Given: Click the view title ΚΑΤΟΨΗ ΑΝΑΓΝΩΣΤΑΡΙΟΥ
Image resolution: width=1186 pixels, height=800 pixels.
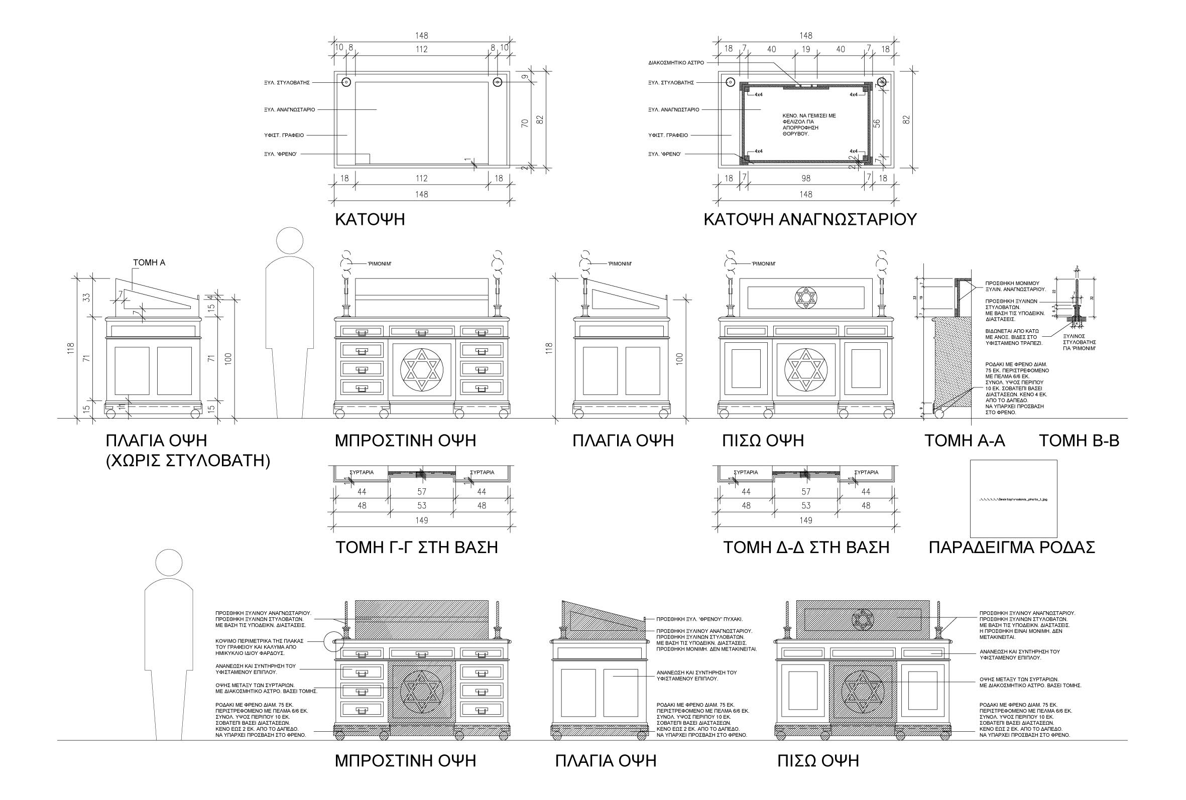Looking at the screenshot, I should pyautogui.click(x=810, y=219).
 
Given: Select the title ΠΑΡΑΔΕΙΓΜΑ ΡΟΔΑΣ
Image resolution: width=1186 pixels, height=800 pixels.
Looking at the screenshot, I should pyautogui.click(x=1011, y=548).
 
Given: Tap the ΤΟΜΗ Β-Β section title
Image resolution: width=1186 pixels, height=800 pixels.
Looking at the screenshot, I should pyautogui.click(x=1080, y=440).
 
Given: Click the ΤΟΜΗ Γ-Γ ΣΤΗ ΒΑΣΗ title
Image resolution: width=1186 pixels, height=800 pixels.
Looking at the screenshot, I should pyautogui.click(x=416, y=548).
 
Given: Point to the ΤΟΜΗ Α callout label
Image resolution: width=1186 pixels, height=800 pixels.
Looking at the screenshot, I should pyautogui.click(x=149, y=263).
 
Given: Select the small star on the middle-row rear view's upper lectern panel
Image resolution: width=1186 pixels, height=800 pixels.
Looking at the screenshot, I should pyautogui.click(x=806, y=298).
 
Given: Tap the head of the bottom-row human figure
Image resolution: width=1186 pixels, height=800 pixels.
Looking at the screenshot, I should pyautogui.click(x=169, y=563).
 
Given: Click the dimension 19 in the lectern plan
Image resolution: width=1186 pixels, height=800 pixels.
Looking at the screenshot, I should pyautogui.click(x=806, y=50).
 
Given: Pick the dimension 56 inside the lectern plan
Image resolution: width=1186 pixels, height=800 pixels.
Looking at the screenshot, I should pyautogui.click(x=877, y=123).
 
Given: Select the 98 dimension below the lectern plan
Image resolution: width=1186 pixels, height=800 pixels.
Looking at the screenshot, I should pyautogui.click(x=806, y=179).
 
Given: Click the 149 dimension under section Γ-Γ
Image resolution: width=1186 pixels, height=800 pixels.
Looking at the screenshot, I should pyautogui.click(x=422, y=520).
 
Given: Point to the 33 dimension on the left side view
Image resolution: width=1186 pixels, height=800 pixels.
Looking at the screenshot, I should pyautogui.click(x=87, y=297).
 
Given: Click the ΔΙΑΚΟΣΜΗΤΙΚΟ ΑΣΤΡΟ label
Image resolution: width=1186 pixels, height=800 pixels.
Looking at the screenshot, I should pyautogui.click(x=676, y=63).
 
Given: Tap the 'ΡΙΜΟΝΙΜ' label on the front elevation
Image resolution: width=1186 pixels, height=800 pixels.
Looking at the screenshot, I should pyautogui.click(x=380, y=264).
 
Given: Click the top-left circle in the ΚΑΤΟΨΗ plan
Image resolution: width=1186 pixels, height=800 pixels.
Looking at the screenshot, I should pyautogui.click(x=346, y=82).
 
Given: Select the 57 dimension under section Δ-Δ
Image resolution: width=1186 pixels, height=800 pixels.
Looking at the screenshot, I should pyautogui.click(x=806, y=492).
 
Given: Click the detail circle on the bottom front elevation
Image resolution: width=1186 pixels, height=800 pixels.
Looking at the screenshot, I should pyautogui.click(x=334, y=641).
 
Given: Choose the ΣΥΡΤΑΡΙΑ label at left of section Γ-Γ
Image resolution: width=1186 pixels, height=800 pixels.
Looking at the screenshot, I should pyautogui.click(x=362, y=472).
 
